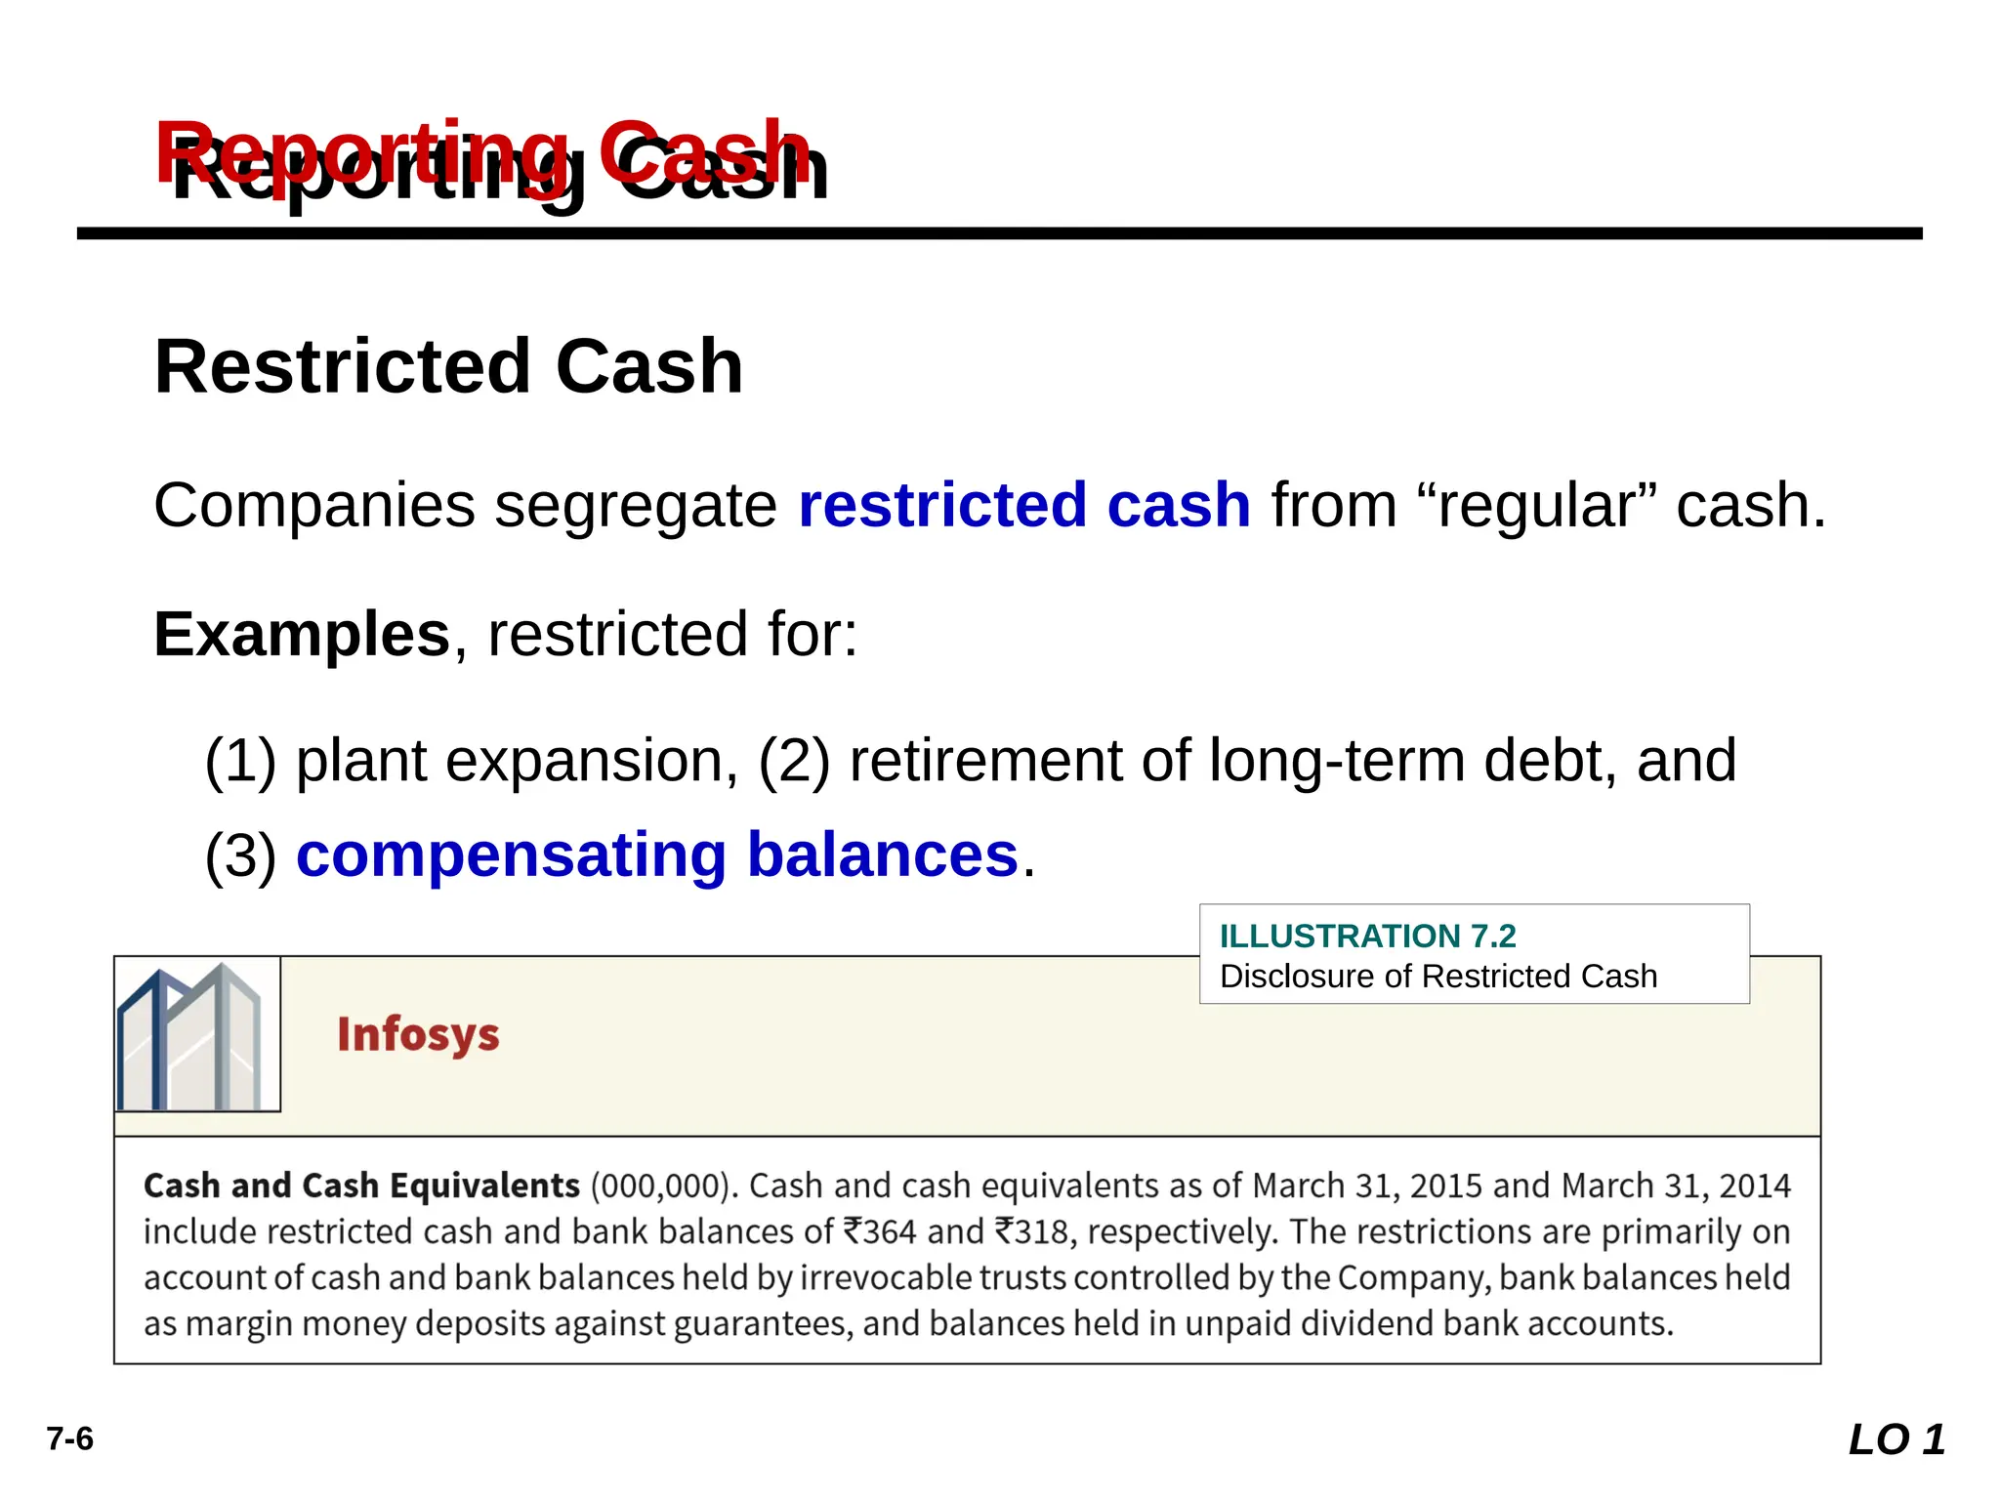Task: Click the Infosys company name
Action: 418,1034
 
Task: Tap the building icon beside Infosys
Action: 197,1034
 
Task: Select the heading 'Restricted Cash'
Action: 448,366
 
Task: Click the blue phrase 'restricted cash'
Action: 1023,505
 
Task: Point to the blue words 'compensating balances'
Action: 657,854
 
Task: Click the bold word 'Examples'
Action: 302,634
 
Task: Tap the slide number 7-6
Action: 70,1438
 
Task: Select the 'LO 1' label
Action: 1896,1439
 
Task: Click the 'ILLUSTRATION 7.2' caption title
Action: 1367,936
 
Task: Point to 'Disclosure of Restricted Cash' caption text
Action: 1437,976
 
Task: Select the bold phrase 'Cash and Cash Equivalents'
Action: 361,1186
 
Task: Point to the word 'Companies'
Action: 314,505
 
